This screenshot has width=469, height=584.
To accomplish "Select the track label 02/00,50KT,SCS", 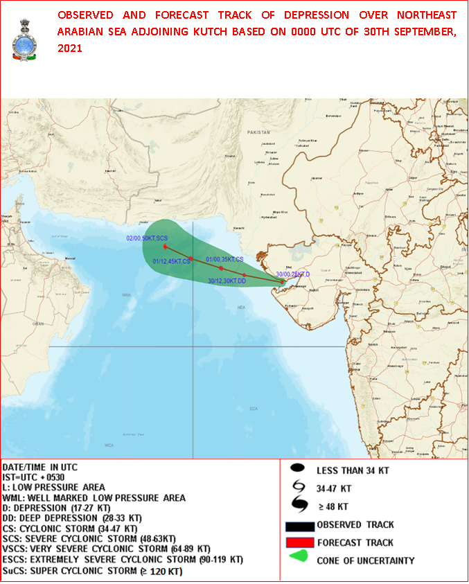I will pyautogui.click(x=146, y=238).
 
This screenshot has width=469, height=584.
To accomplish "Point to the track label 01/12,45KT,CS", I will pyautogui.click(x=171, y=261).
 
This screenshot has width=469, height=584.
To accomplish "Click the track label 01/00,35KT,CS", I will pyautogui.click(x=224, y=259).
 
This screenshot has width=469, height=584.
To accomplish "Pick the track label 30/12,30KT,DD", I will pyautogui.click(x=227, y=281).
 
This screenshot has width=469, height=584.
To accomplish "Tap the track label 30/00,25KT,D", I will pyautogui.click(x=293, y=274).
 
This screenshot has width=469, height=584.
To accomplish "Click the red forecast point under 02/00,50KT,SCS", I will pyautogui.click(x=165, y=247).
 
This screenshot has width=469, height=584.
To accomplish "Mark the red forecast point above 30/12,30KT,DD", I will pyautogui.click(x=244, y=275).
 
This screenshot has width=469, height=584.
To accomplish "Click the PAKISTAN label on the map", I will pyautogui.click(x=258, y=131).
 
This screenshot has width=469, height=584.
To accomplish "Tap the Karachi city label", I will pyautogui.click(x=239, y=228).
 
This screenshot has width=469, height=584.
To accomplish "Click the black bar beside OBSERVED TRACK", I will pyautogui.click(x=299, y=524).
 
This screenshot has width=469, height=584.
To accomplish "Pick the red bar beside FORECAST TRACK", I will pyautogui.click(x=299, y=542).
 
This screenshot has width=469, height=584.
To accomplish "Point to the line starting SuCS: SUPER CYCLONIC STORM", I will pyautogui.click(x=92, y=572).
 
